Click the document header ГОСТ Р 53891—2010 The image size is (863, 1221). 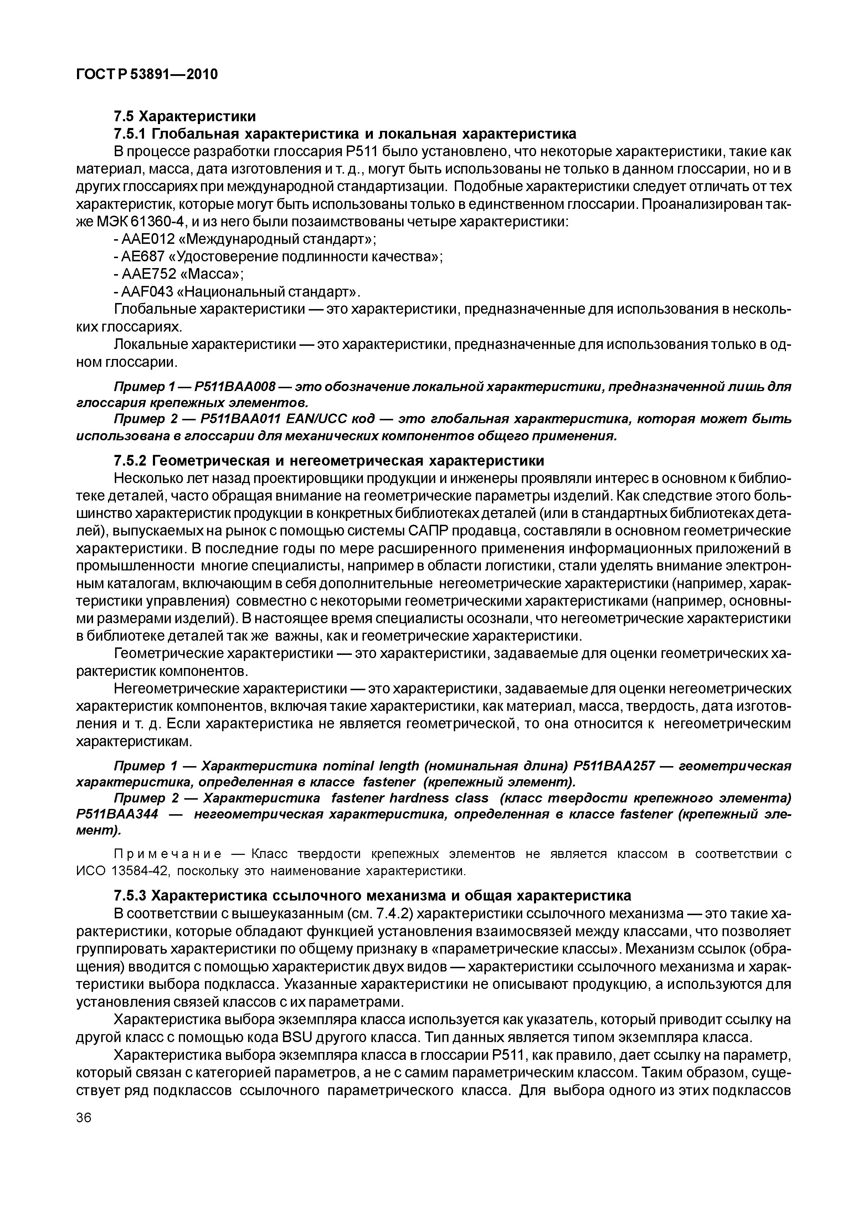click(147, 75)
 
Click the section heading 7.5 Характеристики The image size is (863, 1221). click(185, 116)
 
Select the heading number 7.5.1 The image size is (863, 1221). click(130, 133)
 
